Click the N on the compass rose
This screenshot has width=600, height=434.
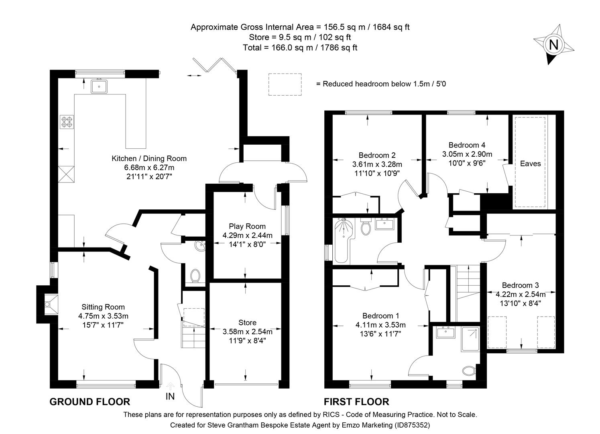coord(553,45)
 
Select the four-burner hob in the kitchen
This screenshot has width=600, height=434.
coord(67,122)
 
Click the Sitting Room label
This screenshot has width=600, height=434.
coord(103,307)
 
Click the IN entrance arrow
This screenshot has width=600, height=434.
coord(170,386)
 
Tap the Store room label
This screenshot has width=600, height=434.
coord(247,323)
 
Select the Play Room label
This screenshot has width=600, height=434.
coord(247,226)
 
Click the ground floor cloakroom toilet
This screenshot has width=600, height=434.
coord(195,276)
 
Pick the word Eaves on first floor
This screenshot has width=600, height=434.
coord(530,164)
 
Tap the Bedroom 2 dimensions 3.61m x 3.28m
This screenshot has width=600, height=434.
coord(377,164)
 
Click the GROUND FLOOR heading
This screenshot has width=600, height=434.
coord(90,401)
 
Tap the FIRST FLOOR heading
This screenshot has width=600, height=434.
coord(356,401)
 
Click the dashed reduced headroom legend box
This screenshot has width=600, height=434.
coord(285,84)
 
